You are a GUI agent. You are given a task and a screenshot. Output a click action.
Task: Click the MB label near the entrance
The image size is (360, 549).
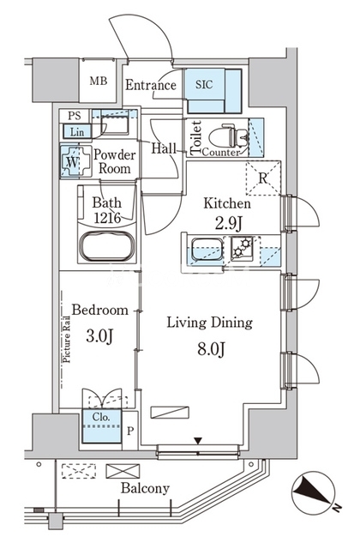(99, 81)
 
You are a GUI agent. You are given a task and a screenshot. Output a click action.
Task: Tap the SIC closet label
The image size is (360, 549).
(204, 84)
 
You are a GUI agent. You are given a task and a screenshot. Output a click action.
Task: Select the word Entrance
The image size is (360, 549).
(151, 85)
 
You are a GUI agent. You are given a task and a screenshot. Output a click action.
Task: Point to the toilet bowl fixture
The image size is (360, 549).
(229, 136)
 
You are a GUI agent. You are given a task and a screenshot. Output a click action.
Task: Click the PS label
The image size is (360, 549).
(75, 116)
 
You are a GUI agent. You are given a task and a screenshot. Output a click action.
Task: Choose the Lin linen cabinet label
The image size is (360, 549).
(77, 132)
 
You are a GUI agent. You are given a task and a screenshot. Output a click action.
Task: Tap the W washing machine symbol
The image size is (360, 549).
(72, 161)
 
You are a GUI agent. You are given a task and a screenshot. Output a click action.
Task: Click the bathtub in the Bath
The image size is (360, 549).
(106, 246)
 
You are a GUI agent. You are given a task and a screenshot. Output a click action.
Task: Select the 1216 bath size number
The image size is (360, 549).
(107, 218)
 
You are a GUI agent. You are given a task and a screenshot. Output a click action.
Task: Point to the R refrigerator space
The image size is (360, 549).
(263, 178)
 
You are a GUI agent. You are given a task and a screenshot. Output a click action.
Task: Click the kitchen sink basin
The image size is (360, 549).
(207, 250)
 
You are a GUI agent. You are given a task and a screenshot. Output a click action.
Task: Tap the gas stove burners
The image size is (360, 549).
(242, 248)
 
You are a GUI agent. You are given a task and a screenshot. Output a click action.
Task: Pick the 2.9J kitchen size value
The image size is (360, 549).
(228, 224)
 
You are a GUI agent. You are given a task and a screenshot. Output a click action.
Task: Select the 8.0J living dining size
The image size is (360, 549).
(211, 349)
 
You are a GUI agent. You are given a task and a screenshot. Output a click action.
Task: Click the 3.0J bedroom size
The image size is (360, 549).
(99, 335)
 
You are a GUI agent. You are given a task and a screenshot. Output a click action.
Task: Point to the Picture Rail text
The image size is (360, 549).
(66, 339)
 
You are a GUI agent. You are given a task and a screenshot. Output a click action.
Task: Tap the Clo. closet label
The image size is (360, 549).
(101, 417)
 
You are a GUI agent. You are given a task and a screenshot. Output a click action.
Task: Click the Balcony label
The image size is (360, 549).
(145, 488)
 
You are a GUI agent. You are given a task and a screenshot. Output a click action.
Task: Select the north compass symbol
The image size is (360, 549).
(313, 492)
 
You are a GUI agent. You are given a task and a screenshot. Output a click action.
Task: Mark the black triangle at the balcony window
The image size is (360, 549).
(198, 440)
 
